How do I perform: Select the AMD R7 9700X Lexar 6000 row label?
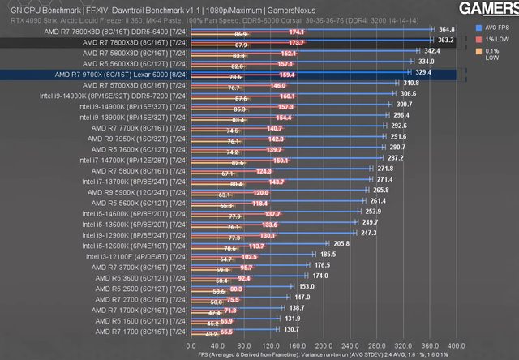118,73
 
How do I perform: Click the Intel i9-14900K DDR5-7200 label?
114,94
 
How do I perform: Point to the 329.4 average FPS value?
417,72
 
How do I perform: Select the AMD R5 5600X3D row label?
122,62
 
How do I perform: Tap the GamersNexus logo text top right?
487,9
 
